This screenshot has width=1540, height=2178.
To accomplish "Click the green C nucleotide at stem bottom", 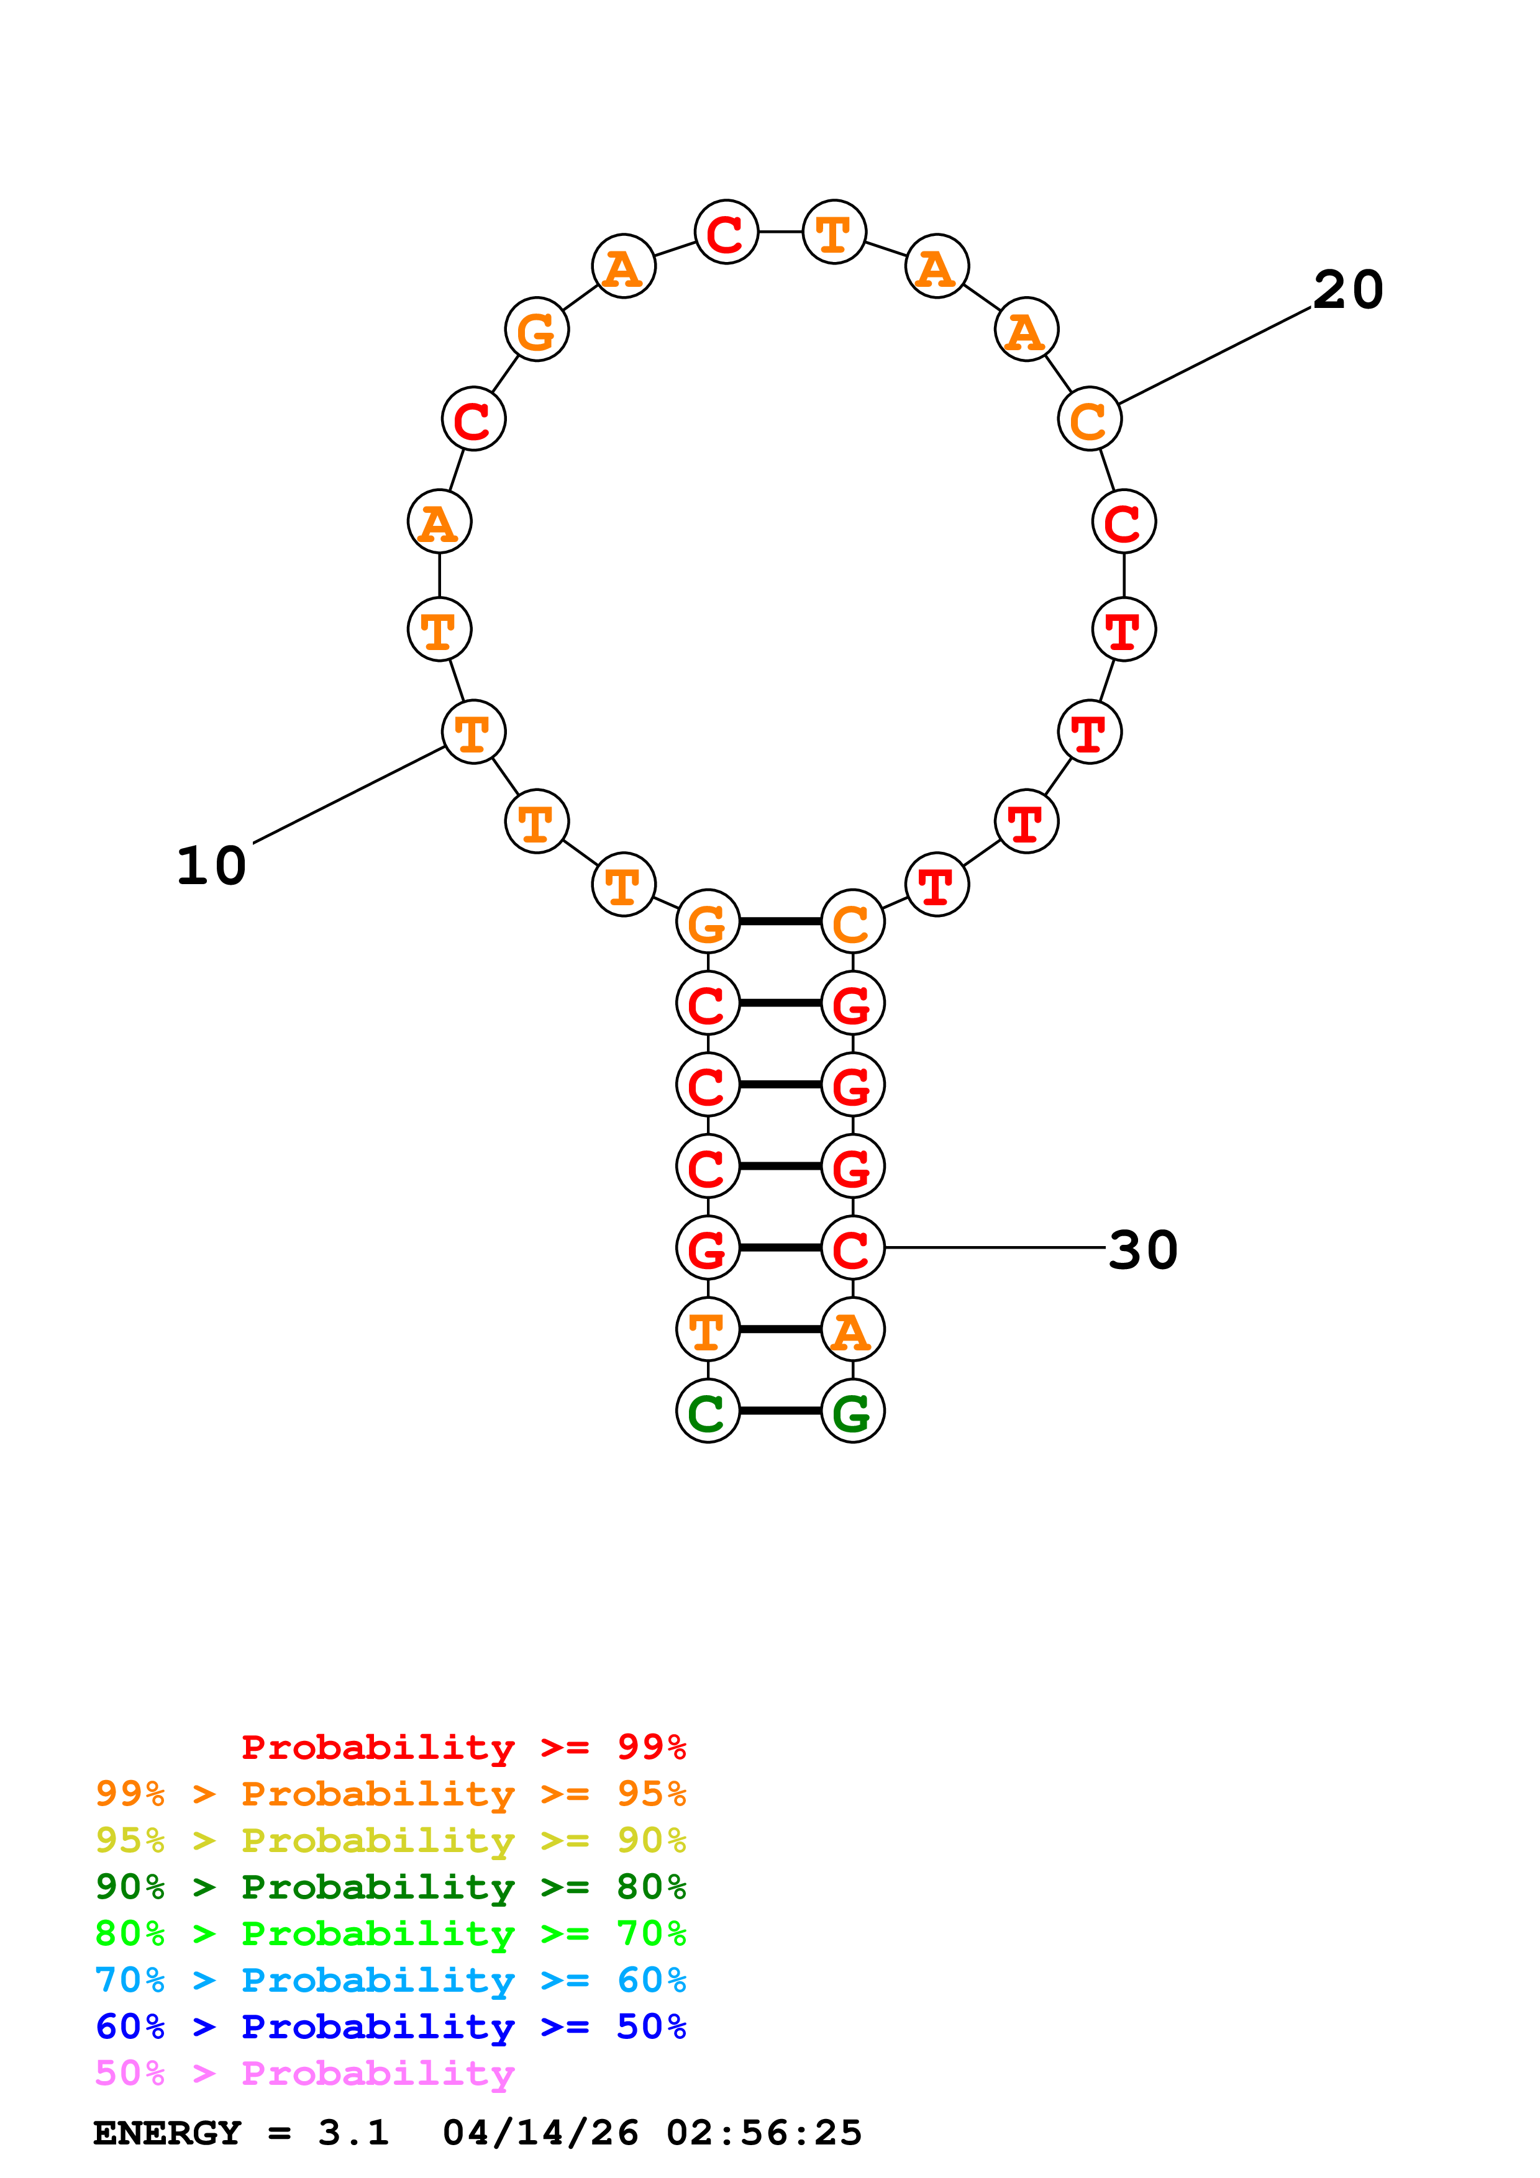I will (x=707, y=1411).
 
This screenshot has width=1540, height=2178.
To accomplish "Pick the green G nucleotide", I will (x=852, y=1411).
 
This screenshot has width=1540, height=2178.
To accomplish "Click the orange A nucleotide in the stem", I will (x=852, y=1330).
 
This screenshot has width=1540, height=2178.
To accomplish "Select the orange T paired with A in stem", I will (x=707, y=1330).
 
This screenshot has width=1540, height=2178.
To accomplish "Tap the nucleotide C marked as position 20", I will (x=1089, y=419).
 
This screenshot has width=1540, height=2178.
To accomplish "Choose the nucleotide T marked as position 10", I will (x=473, y=733).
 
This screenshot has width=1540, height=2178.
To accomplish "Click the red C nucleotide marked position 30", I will (x=852, y=1249).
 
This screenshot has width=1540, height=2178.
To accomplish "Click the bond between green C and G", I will (x=780, y=1411).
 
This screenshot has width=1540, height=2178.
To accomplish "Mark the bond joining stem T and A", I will (x=780, y=1330).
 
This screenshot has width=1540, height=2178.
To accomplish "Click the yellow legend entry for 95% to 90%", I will (x=390, y=1840).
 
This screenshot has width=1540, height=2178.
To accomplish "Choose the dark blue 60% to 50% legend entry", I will (x=390, y=2027).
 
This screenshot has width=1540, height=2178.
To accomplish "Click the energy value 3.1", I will (x=353, y=2133).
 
